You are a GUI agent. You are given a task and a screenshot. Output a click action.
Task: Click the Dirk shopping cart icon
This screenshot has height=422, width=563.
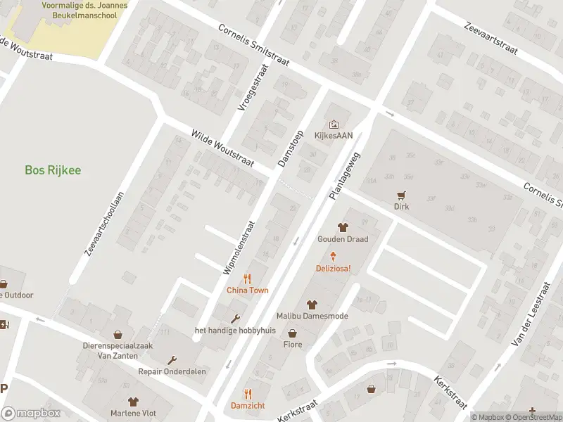pyautogui.click(x=401, y=196)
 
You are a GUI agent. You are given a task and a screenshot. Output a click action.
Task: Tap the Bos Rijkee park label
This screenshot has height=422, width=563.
pyautogui.click(x=53, y=170)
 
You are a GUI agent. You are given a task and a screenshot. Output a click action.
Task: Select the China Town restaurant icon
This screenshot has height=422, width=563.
pyautogui.click(x=247, y=278)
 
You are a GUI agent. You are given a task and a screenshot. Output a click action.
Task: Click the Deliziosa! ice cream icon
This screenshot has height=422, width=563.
pyautogui.click(x=334, y=257)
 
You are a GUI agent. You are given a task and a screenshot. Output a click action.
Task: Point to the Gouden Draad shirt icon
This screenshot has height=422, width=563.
pyautogui.click(x=343, y=227)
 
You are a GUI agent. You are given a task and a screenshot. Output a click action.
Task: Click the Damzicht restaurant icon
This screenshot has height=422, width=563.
pyautogui.click(x=247, y=394)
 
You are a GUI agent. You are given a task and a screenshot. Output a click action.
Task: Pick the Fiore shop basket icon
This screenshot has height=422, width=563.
pyautogui.click(x=292, y=333)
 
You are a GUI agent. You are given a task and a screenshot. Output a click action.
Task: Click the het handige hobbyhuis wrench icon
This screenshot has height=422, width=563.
pyautogui.click(x=235, y=319)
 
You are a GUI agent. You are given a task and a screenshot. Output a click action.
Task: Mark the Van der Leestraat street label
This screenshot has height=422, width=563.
pyautogui.click(x=529, y=310)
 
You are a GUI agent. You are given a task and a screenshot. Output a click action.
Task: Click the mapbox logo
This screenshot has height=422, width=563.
pyautogui.click(x=30, y=414)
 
